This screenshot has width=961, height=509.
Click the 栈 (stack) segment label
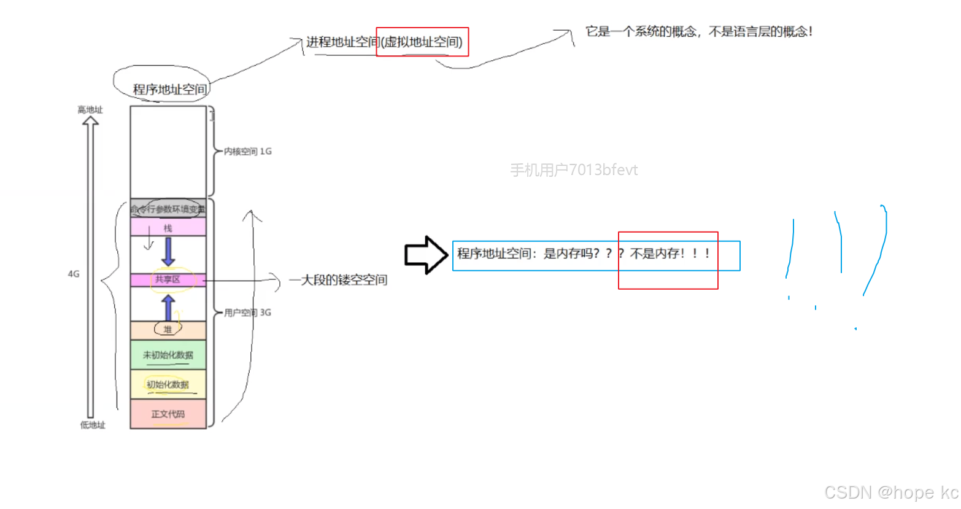point(168,228)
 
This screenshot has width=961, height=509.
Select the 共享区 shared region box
point(168,279)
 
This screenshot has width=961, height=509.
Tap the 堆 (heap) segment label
point(168,330)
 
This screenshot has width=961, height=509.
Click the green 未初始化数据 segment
point(168,355)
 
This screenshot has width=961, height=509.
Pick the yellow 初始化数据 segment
point(168,384)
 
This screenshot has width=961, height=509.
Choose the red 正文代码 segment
point(168,414)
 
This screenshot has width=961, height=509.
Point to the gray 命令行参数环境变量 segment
point(168,209)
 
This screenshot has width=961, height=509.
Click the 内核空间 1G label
point(247,151)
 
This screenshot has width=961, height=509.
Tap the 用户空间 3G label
point(247,313)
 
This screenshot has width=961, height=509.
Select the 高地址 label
point(90,110)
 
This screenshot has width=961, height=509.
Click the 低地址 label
point(93,425)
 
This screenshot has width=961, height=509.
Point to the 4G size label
point(74,274)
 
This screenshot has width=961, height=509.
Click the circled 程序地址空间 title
point(170,89)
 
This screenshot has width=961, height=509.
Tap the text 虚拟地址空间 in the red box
point(422,42)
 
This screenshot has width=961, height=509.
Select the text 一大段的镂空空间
point(338,280)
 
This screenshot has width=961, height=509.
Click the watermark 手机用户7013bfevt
point(574,170)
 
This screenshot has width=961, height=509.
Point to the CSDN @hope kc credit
point(891,492)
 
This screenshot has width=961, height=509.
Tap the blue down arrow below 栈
point(168,251)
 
